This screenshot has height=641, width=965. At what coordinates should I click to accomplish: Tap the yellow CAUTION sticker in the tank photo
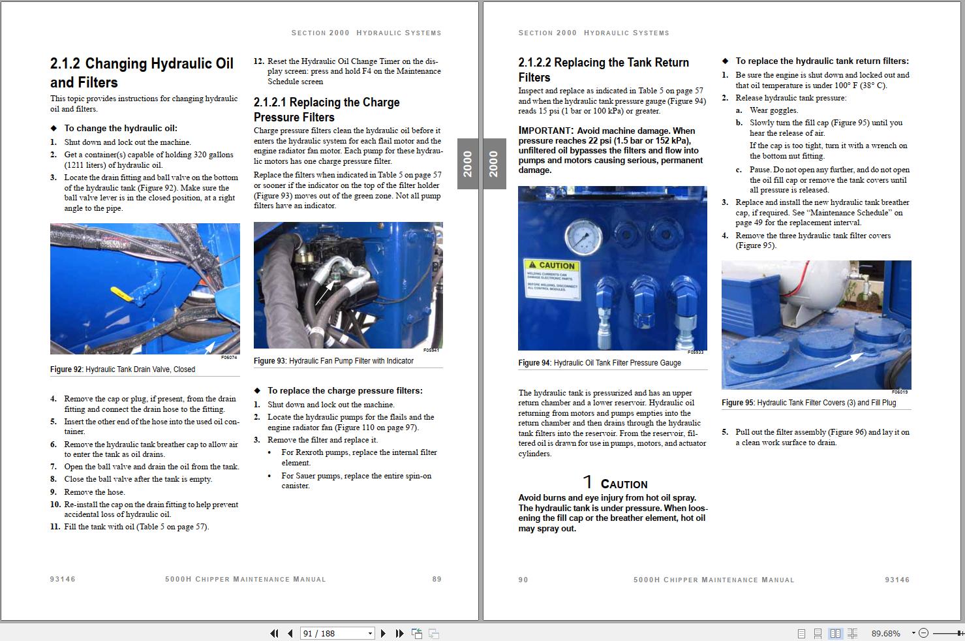pyautogui.click(x=552, y=279)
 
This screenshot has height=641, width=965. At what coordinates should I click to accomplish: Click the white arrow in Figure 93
pyautogui.click(x=323, y=293)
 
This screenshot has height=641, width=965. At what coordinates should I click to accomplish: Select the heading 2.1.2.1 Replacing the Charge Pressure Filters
pyautogui.click(x=326, y=110)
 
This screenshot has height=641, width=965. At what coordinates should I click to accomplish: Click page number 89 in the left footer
pyautogui.click(x=437, y=579)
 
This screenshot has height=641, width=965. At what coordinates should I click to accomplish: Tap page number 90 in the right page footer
pyautogui.click(x=523, y=580)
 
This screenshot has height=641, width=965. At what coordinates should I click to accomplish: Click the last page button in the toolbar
pyautogui.click(x=399, y=633)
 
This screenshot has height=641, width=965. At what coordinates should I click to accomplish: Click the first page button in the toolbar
pyautogui.click(x=274, y=633)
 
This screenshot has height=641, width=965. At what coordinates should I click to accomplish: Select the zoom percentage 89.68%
pyautogui.click(x=885, y=633)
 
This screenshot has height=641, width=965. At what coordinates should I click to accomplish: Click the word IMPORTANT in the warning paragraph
pyautogui.click(x=545, y=131)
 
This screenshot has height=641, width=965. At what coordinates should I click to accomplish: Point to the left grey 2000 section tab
pyautogui.click(x=468, y=164)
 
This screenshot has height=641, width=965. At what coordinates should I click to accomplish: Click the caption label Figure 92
pyautogui.click(x=66, y=369)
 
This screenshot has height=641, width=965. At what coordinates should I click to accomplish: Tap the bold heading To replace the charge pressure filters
pyautogui.click(x=345, y=390)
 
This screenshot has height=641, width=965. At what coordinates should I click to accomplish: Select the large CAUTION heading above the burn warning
pyautogui.click(x=623, y=484)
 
